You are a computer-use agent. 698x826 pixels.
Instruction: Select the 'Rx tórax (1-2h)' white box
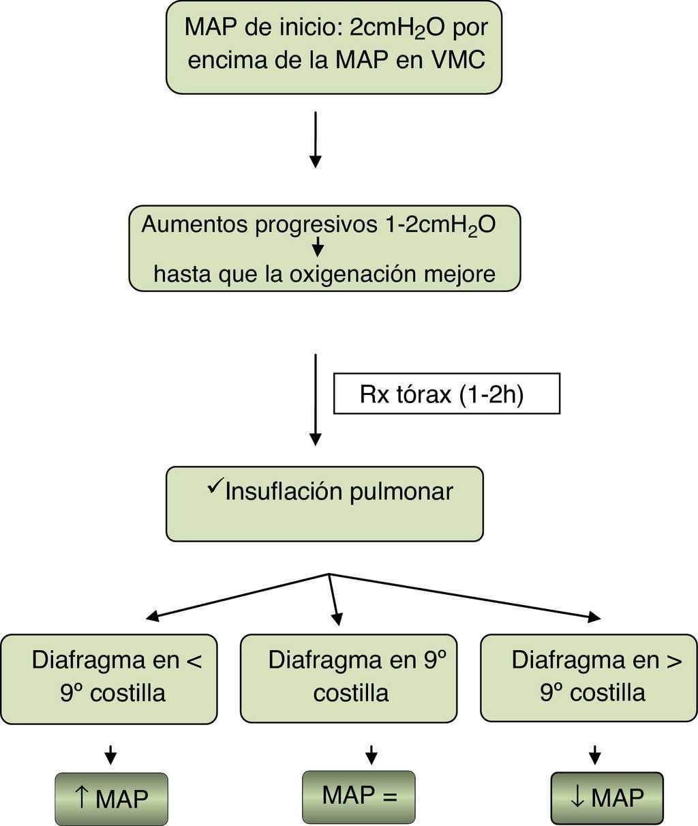[x=446, y=394]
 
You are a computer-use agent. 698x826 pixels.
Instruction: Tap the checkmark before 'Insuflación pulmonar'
[x=215, y=486]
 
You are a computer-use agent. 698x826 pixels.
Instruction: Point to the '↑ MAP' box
[x=111, y=798]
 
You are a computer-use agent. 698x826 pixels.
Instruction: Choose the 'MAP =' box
[x=359, y=795]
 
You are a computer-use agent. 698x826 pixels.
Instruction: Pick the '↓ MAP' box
[x=607, y=798]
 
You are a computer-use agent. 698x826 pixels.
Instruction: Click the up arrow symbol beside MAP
[x=82, y=797]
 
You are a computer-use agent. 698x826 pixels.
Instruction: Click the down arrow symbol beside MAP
[x=577, y=797]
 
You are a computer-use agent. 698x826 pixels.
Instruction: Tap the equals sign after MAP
[x=389, y=795]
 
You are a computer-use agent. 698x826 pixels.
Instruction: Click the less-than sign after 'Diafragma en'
[x=194, y=660]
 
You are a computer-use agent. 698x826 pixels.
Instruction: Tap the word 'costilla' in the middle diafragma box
[x=351, y=693]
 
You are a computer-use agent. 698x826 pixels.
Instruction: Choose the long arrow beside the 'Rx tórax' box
[x=315, y=399]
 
